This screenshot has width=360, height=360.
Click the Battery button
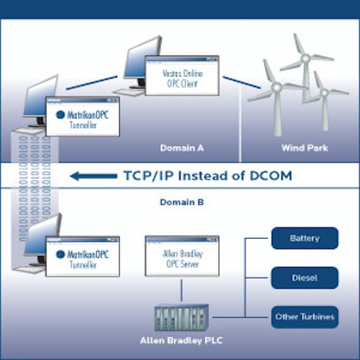304,238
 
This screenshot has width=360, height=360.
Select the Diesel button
304,277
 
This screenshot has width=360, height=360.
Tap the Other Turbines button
304,317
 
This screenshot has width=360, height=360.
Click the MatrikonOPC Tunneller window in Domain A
82,118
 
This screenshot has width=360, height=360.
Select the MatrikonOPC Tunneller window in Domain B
82,256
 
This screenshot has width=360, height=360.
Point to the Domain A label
182,148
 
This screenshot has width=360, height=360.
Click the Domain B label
182,201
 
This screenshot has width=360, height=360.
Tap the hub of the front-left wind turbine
276,88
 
